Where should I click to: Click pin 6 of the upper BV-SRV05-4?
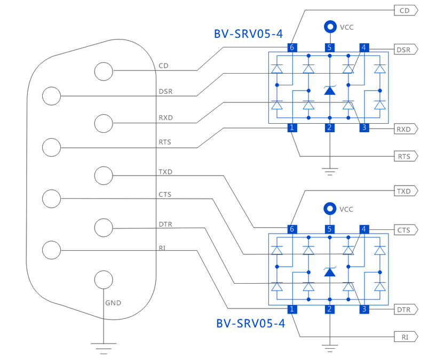coord(291,47)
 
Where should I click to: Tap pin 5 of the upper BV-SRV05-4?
coord(329,47)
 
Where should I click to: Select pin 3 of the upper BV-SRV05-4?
coord(364,127)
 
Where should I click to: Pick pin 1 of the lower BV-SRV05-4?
coord(291,309)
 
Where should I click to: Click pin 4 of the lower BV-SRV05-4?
coord(364,229)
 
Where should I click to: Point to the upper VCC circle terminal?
coord(330,27)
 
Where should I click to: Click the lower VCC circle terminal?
coord(330,209)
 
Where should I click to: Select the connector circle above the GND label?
coord(104,279)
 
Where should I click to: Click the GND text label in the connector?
coord(113,303)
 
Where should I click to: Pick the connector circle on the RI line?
coord(52,250)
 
